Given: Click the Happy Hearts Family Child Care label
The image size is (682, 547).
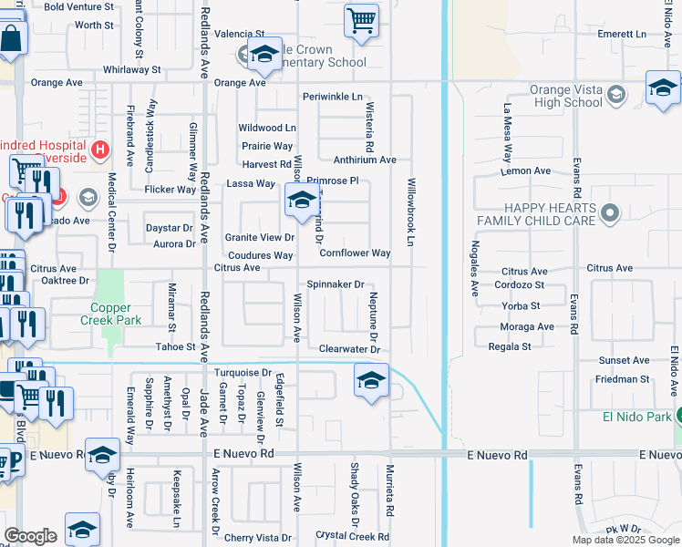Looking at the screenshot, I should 535,214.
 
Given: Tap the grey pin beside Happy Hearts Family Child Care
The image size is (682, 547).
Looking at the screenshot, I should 611,214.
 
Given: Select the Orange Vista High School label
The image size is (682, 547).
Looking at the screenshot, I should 571,97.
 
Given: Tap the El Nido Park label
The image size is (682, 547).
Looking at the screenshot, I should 635,417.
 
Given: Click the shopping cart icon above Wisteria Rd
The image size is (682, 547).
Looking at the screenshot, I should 362,21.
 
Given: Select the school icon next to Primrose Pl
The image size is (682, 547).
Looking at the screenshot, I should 302,201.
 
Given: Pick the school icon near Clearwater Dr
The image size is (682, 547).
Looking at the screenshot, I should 371,381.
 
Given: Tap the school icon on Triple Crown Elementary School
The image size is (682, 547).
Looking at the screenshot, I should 264,57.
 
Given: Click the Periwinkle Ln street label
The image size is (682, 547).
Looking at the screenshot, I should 333,97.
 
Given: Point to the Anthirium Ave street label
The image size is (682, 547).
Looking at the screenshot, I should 365,160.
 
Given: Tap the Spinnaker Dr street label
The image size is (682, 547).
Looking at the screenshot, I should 335,284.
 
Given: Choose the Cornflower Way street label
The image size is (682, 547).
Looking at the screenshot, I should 355,253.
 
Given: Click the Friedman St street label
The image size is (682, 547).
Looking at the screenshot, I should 624,379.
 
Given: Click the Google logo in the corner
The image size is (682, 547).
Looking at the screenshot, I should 30,536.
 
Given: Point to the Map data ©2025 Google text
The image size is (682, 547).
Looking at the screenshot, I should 625,540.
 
